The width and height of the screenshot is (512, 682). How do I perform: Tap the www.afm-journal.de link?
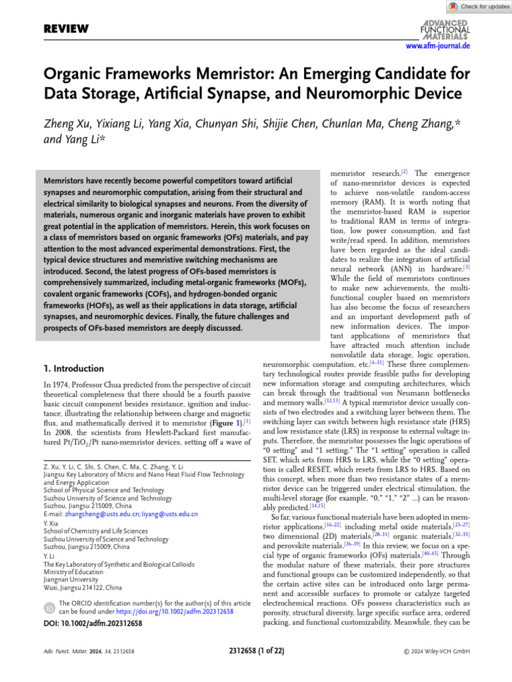click(x=438, y=45)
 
